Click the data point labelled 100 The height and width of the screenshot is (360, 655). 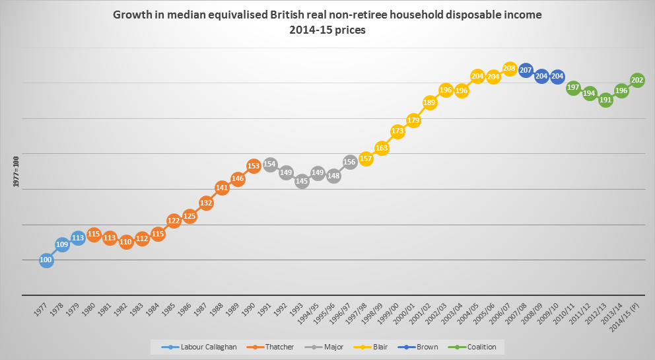click(46, 260)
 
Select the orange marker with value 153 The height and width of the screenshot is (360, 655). click(254, 165)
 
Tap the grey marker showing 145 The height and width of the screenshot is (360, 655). click(302, 180)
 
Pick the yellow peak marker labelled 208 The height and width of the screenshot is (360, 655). click(509, 68)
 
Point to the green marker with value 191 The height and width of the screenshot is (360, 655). click(605, 100)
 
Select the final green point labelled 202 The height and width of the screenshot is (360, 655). click(637, 80)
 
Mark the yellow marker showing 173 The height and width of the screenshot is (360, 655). click(397, 131)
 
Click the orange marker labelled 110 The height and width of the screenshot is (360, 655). click(125, 242)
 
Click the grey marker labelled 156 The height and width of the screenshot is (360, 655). click(350, 162)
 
